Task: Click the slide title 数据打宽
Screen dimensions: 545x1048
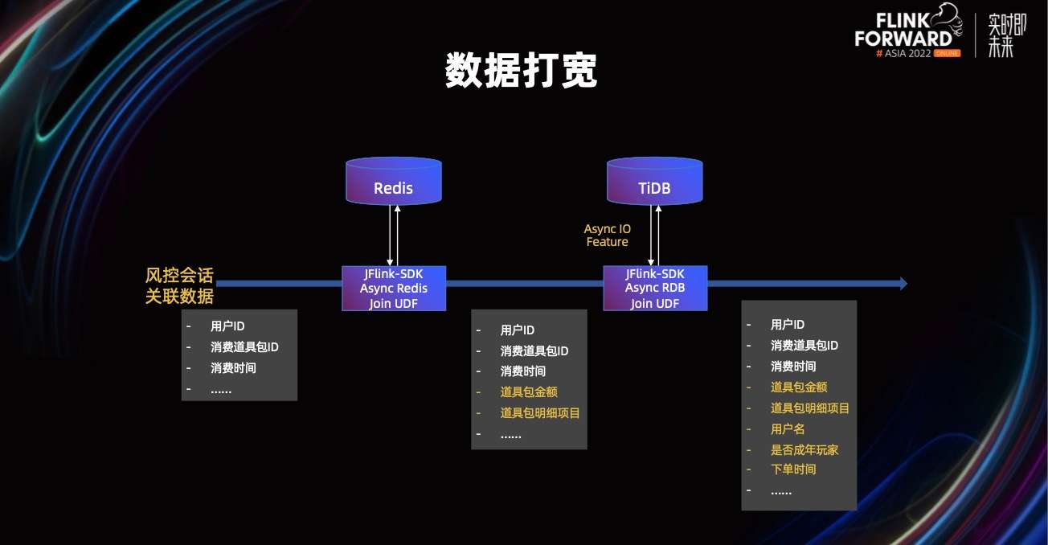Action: click(x=522, y=72)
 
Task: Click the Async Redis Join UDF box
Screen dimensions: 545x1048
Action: click(x=393, y=288)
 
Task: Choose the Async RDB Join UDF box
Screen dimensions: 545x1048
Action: click(x=655, y=288)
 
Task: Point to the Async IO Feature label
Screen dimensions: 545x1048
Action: click(x=607, y=236)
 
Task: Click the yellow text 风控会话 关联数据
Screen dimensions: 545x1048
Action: click(x=179, y=285)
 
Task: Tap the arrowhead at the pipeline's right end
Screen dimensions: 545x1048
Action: click(x=903, y=283)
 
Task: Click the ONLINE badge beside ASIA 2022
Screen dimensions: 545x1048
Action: click(x=946, y=52)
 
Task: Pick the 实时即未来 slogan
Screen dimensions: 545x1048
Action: click(x=1001, y=35)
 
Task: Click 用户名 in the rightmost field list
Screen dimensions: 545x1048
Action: click(x=788, y=429)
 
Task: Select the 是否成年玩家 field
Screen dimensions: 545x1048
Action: click(x=804, y=450)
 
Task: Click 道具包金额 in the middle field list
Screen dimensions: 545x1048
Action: click(x=529, y=391)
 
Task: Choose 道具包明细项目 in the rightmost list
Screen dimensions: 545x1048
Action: click(x=810, y=408)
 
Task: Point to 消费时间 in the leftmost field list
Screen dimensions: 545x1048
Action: click(x=233, y=368)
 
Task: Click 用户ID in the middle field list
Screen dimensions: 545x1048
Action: click(x=518, y=330)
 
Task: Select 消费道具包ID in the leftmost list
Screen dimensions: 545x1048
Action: click(x=244, y=347)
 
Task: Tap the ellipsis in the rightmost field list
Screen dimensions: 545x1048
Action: click(x=781, y=490)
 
